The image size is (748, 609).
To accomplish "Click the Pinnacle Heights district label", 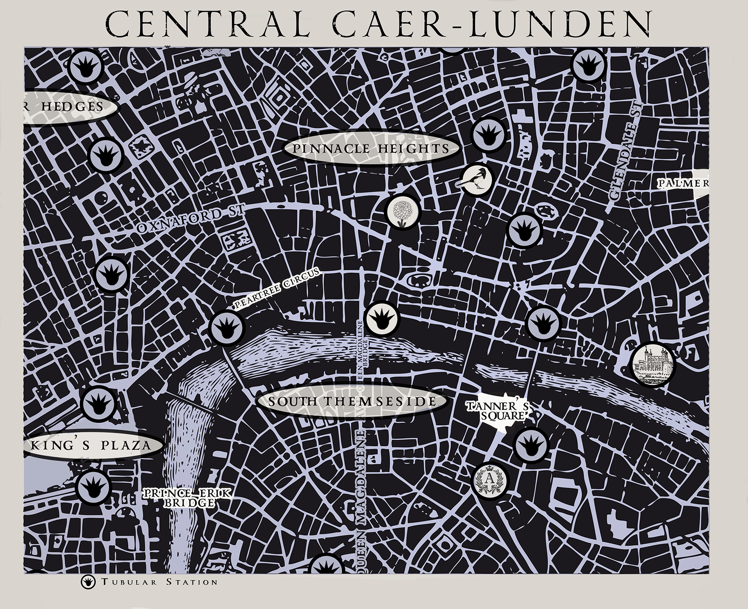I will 371,148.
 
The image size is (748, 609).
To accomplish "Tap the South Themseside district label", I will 352,401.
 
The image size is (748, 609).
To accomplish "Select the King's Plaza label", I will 91,445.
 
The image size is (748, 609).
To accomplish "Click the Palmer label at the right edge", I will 683,184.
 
